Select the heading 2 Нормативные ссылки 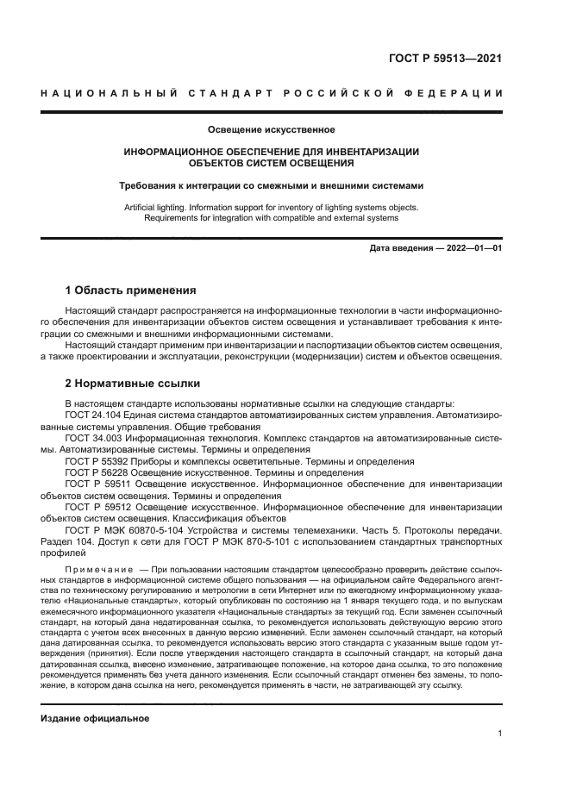[133, 382]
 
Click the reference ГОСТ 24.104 [94, 415]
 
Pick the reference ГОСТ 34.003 [94, 438]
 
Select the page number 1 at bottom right [499, 734]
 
